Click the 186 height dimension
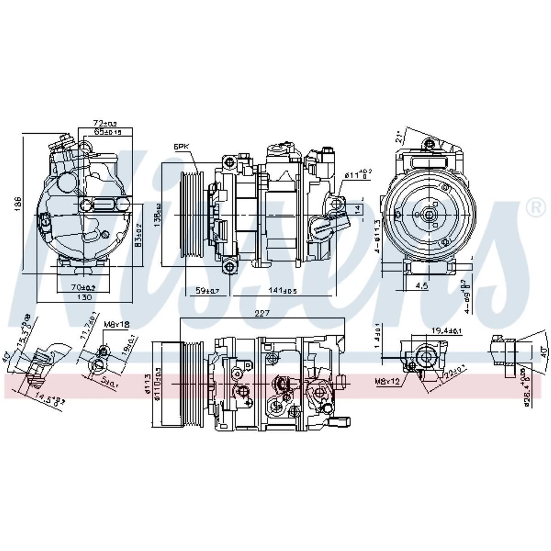(18, 203)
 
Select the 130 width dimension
(84, 297)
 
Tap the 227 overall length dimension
(263, 313)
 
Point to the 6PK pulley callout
(181, 148)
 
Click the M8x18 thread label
(117, 324)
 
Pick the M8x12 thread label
(387, 380)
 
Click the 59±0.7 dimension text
(208, 290)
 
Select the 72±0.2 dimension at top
(105, 123)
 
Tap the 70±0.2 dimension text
(84, 287)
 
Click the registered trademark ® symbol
(536, 207)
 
